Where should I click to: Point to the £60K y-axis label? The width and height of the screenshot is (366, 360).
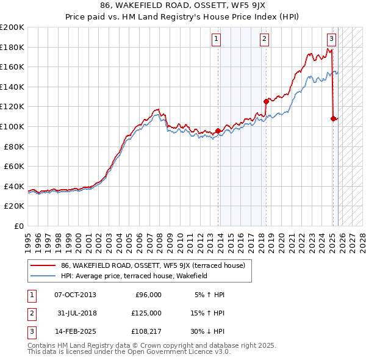(x=14, y=167)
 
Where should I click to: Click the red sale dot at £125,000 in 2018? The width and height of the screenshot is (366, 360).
(x=266, y=101)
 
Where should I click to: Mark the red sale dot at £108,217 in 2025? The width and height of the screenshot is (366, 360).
(x=333, y=118)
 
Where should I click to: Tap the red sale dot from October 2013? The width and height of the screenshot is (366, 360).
(x=218, y=131)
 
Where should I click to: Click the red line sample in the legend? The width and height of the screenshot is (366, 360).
(x=44, y=266)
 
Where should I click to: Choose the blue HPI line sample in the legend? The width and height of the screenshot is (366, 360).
(x=44, y=276)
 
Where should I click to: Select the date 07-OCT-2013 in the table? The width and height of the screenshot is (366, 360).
(x=75, y=295)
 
